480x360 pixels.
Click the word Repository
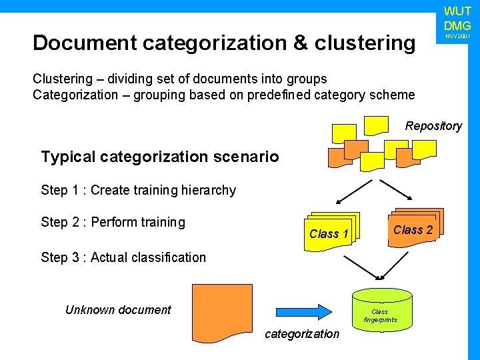(433, 126)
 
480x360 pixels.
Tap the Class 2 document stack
(413, 229)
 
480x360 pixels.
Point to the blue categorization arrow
(303, 311)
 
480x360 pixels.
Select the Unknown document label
(118, 309)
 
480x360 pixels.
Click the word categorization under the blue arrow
(302, 334)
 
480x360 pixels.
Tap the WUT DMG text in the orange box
(457, 19)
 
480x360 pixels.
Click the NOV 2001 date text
(457, 35)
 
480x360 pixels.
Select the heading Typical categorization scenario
(160, 157)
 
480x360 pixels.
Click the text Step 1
(63, 190)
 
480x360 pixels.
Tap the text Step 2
(63, 222)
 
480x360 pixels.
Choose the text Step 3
(63, 257)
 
